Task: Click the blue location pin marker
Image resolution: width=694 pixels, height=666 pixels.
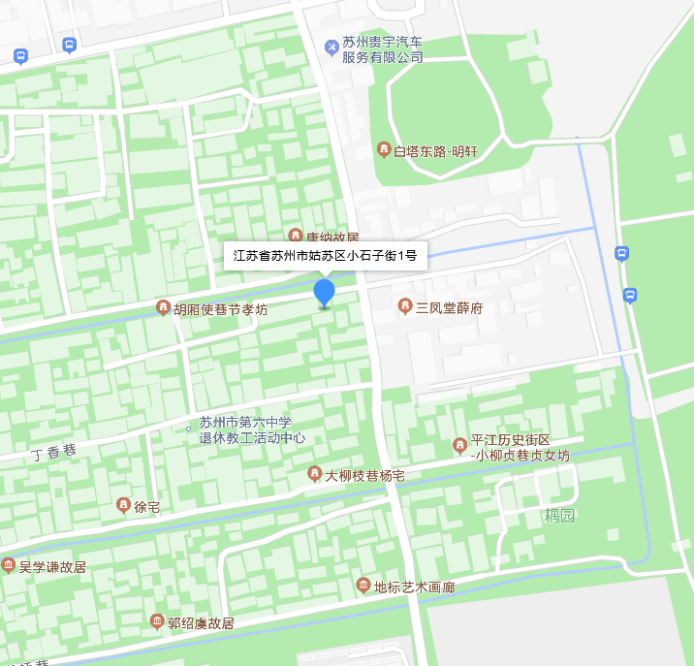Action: point(324,293)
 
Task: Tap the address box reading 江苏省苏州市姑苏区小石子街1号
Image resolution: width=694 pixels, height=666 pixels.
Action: point(325,257)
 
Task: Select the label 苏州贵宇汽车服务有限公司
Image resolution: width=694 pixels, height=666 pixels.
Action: point(382,50)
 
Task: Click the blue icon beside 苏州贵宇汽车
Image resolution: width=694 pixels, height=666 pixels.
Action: point(331,45)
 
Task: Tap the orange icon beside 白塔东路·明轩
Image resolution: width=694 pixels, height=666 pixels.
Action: point(385,149)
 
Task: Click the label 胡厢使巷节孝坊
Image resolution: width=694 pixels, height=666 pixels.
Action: point(220,309)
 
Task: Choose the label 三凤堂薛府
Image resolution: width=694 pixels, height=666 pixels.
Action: point(449,308)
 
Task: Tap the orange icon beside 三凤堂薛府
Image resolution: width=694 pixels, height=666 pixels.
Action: point(405,307)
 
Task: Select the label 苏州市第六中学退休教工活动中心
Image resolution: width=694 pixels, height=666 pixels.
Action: point(252,429)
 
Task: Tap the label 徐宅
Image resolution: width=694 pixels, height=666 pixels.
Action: point(147,506)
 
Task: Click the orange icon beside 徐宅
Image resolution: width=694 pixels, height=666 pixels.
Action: point(123,505)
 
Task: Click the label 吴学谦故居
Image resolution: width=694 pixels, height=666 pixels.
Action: point(52,566)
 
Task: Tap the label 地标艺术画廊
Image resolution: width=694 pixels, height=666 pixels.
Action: point(414,587)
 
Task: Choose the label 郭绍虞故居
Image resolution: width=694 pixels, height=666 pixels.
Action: point(201,622)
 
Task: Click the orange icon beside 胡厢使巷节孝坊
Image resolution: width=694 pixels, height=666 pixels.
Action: point(163,308)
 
